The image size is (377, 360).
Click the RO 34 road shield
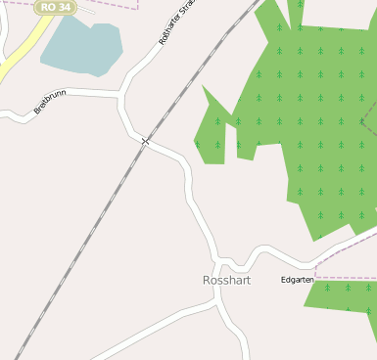click(x=55, y=7)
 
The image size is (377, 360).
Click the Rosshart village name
click(x=226, y=281)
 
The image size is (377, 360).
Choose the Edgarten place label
click(x=297, y=280)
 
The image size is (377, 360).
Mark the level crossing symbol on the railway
click(x=145, y=142)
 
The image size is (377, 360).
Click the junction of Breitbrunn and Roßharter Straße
click(x=122, y=94)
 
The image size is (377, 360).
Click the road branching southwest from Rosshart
click(x=147, y=327)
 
